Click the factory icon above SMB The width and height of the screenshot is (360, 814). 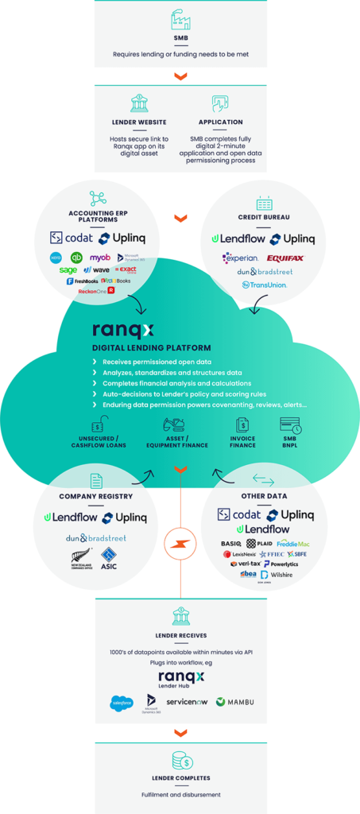coord(180,20)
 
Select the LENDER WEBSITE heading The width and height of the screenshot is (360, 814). coord(139,122)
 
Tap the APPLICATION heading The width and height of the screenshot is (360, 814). coord(220,122)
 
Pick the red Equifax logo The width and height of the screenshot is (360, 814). coord(285,258)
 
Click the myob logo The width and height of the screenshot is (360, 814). coord(99,258)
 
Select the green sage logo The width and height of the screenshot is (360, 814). coord(68,270)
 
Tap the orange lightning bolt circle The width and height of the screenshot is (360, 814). coord(180,545)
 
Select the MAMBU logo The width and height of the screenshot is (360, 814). coord(236,702)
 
